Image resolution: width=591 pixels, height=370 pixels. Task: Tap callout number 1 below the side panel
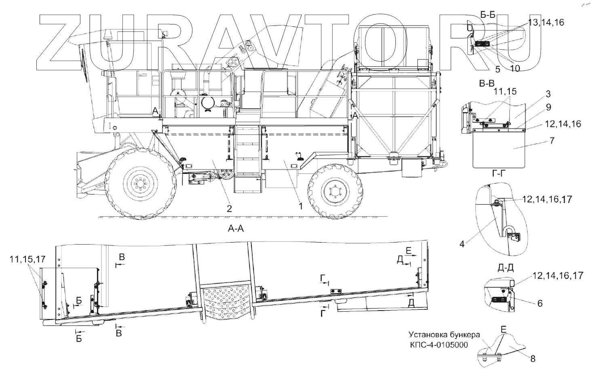[300, 206]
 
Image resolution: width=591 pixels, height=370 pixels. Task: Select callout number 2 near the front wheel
[229, 209]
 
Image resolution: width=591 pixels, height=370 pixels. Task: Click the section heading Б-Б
[488, 15]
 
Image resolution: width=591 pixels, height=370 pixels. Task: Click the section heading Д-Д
[503, 267]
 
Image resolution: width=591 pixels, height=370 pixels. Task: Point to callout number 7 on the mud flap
[541, 141]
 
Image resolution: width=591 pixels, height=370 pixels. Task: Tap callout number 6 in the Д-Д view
[540, 303]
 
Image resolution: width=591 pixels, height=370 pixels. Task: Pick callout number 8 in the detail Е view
[532, 358]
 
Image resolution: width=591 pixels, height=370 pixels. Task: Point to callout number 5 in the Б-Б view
[498, 69]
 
